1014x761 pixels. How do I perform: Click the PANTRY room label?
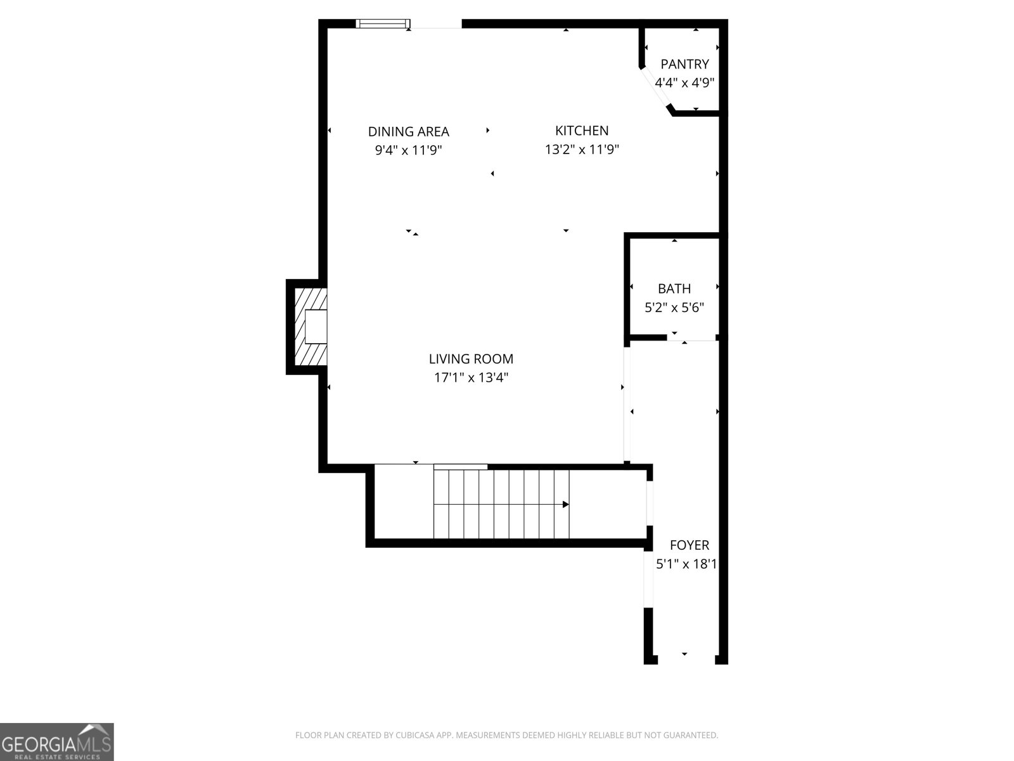click(684, 64)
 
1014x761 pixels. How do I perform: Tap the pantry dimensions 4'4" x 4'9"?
click(684, 82)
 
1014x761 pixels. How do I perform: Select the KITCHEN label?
click(582, 131)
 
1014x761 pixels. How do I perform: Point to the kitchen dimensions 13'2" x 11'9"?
click(582, 150)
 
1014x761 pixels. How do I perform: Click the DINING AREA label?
click(408, 132)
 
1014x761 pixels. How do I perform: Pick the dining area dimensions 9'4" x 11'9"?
click(408, 150)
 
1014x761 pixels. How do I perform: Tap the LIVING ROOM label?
click(471, 359)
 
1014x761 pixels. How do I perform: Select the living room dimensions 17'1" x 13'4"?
click(471, 378)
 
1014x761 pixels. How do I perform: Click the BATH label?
click(674, 289)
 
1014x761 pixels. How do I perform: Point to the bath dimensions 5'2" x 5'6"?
click(674, 308)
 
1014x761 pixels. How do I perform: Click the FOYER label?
click(690, 545)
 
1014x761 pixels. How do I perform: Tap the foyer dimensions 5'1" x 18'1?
click(686, 564)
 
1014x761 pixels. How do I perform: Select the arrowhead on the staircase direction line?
click(565, 504)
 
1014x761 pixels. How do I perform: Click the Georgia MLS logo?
click(57, 741)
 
